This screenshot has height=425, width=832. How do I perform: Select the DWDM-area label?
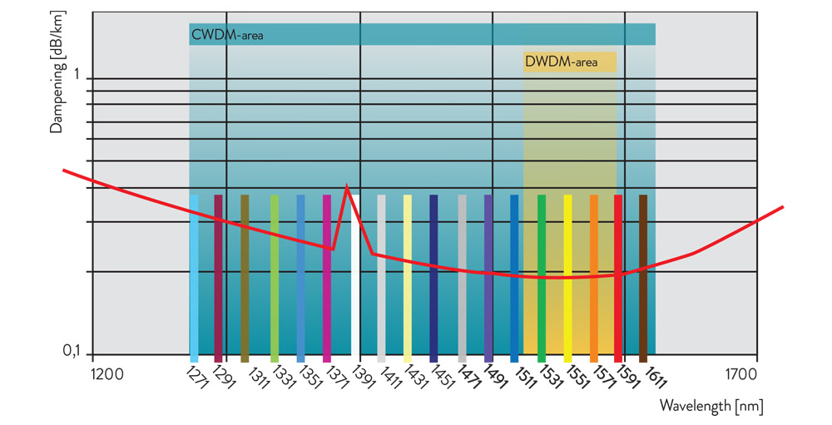click(561, 62)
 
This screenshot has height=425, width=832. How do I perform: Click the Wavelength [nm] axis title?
click(711, 406)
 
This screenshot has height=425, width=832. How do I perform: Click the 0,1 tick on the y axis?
click(73, 353)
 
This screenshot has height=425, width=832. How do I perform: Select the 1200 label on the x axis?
click(106, 374)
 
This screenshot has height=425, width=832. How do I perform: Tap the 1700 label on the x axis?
click(740, 374)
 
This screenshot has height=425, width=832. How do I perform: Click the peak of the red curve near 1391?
click(346, 188)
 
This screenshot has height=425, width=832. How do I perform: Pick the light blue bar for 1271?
click(194, 279)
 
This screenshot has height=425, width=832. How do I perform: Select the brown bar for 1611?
click(643, 279)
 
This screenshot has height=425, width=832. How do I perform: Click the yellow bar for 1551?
click(568, 279)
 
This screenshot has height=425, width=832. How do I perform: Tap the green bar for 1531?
click(542, 279)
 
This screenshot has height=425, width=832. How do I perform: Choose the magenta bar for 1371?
click(327, 279)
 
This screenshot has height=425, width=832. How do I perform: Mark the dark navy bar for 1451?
click(433, 279)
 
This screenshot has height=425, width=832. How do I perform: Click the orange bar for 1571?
click(594, 279)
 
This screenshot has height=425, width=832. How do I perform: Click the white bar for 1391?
click(354, 279)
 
